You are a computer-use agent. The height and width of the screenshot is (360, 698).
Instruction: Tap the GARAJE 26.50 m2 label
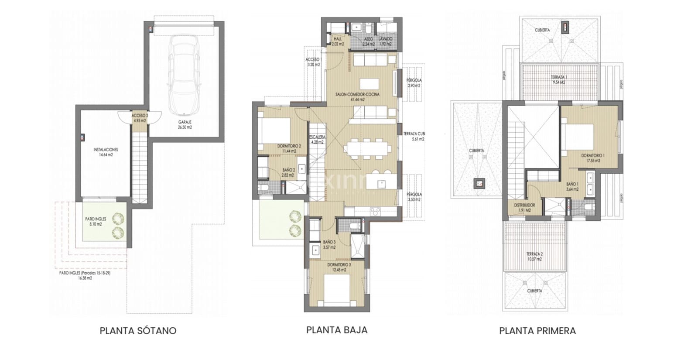(x=185, y=125)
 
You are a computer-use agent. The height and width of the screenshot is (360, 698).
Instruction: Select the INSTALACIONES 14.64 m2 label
(x=106, y=152)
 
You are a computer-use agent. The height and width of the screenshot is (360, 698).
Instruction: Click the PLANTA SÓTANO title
(x=138, y=330)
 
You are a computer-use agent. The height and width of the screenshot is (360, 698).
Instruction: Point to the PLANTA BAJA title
(x=337, y=329)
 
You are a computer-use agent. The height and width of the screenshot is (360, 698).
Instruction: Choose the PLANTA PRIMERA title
(x=537, y=330)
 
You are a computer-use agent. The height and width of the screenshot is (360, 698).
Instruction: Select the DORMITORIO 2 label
(x=289, y=148)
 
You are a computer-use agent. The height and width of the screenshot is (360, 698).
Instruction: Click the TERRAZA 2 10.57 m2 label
(x=534, y=256)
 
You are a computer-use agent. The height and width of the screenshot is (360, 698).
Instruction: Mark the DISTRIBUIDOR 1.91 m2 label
(x=524, y=207)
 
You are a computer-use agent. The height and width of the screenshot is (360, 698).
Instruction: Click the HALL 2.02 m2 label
(x=338, y=41)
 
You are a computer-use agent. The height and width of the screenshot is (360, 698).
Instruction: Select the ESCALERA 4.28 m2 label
(x=317, y=139)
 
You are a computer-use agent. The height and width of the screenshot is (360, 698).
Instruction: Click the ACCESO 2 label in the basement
(x=140, y=118)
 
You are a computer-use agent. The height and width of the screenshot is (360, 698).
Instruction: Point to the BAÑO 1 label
(x=572, y=187)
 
